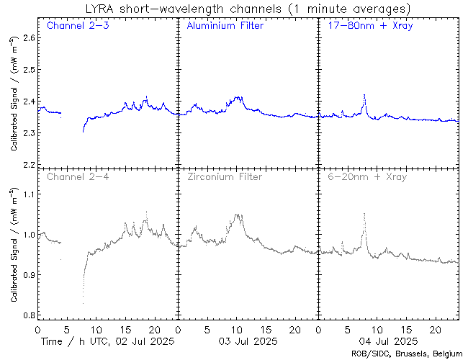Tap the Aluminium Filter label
point(225,26)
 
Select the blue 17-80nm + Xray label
point(366,26)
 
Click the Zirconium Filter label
point(224,176)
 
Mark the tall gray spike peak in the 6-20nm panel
point(364,214)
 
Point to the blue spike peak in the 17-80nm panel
point(364,94)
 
